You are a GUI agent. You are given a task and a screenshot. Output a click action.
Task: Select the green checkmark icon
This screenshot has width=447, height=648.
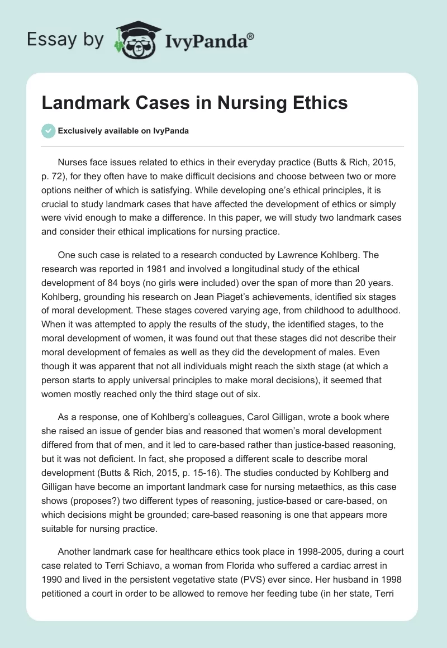click(48, 131)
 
